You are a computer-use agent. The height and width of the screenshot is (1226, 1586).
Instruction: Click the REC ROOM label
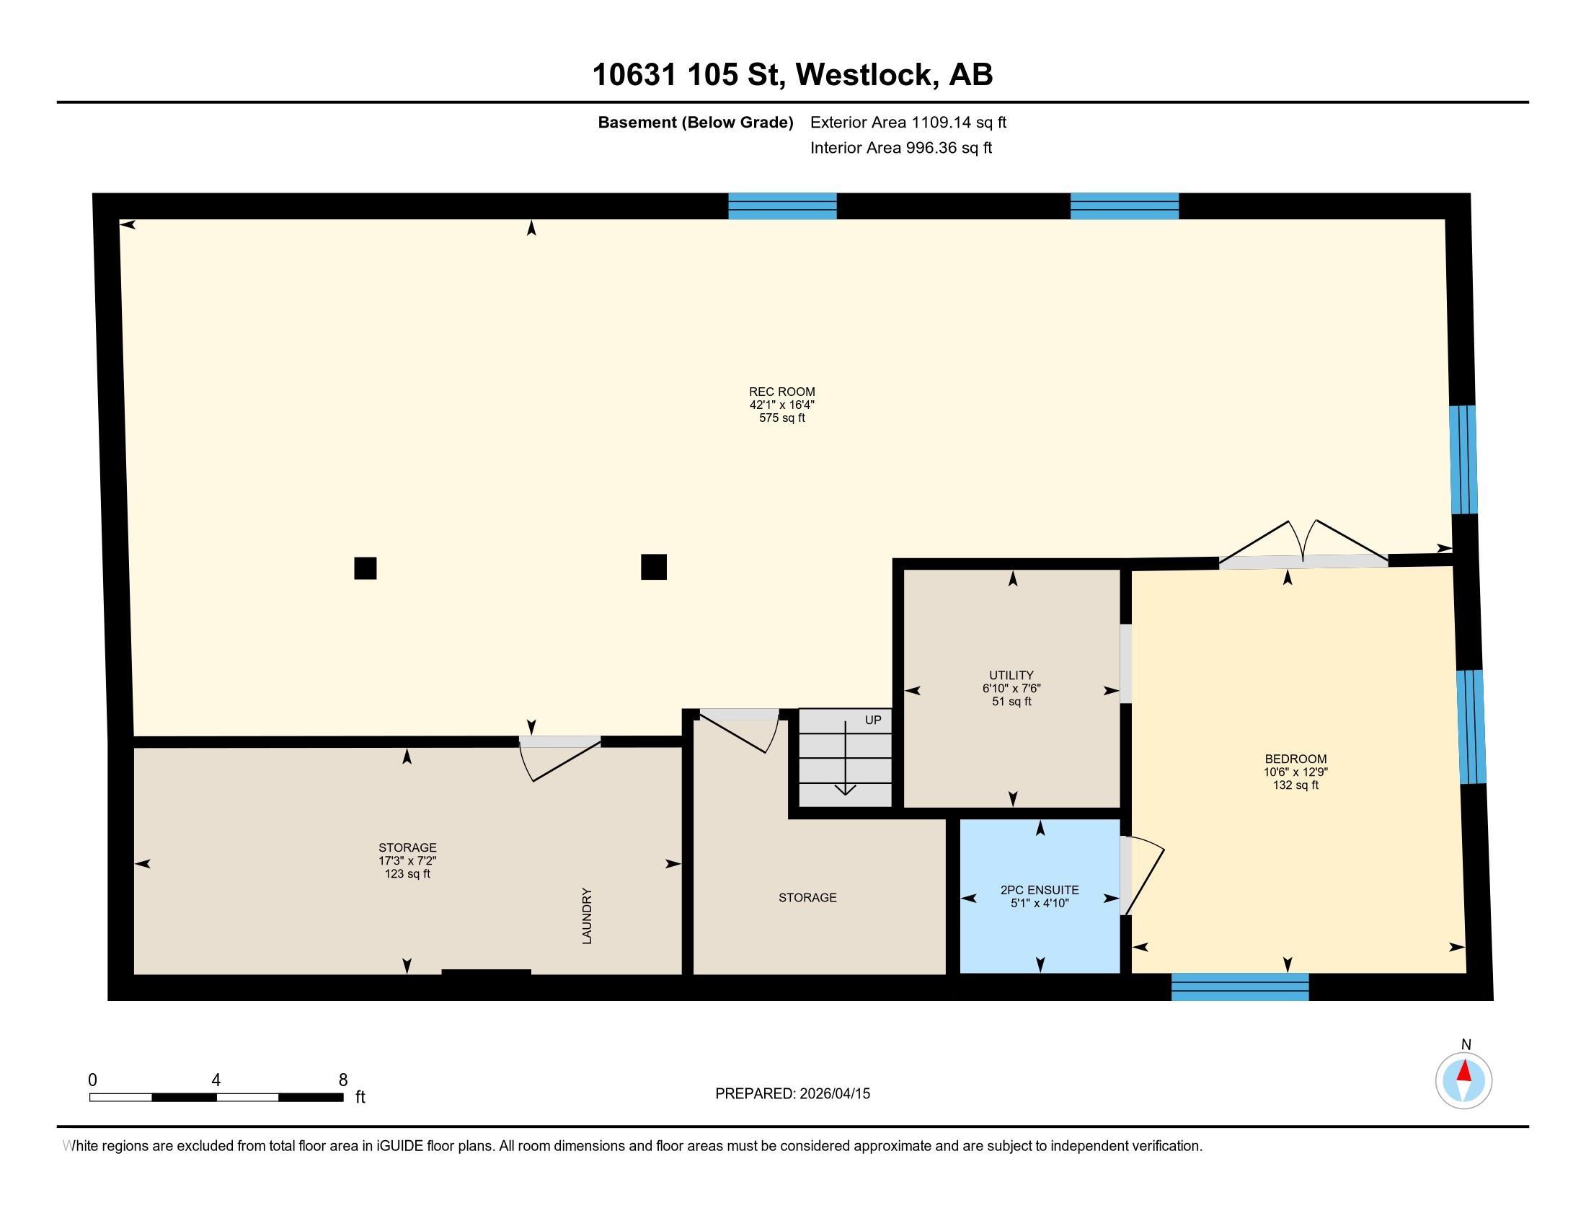click(782, 392)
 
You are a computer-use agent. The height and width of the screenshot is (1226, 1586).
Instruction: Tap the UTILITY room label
click(1011, 676)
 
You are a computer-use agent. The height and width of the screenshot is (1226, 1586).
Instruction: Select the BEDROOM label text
click(1295, 759)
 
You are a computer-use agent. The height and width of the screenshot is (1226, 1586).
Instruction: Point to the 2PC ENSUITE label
click(1040, 890)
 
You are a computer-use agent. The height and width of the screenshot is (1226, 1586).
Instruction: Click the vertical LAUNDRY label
click(587, 916)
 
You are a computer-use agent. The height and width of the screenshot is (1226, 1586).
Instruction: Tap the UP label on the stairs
click(873, 720)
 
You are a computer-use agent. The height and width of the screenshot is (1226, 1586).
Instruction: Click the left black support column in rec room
click(366, 568)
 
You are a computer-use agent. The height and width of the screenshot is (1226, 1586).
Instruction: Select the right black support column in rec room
click(654, 567)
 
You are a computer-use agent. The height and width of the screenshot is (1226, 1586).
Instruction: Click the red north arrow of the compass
click(1464, 1071)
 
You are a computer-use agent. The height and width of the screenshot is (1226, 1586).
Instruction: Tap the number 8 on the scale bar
click(342, 1080)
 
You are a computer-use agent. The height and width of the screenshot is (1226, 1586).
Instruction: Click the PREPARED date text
click(792, 1094)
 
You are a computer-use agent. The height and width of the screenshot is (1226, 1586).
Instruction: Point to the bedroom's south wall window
click(1241, 987)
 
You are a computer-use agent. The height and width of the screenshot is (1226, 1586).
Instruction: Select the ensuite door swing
click(1143, 876)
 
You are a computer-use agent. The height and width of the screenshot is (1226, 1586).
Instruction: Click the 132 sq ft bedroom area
click(1295, 785)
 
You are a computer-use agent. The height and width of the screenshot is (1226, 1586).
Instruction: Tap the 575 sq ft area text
click(782, 418)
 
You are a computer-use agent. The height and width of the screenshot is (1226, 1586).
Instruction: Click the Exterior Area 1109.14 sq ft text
click(908, 123)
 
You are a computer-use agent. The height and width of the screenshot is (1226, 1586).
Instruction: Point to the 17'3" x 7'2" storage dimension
click(407, 860)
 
